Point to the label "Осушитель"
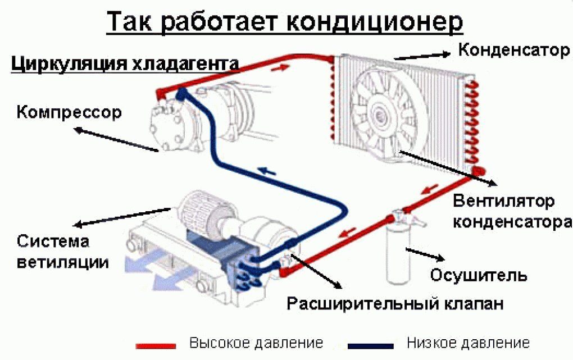[x=478, y=275]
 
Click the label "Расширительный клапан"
[x=395, y=303]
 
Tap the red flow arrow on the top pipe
[x=281, y=67]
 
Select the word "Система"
[x=53, y=241]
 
